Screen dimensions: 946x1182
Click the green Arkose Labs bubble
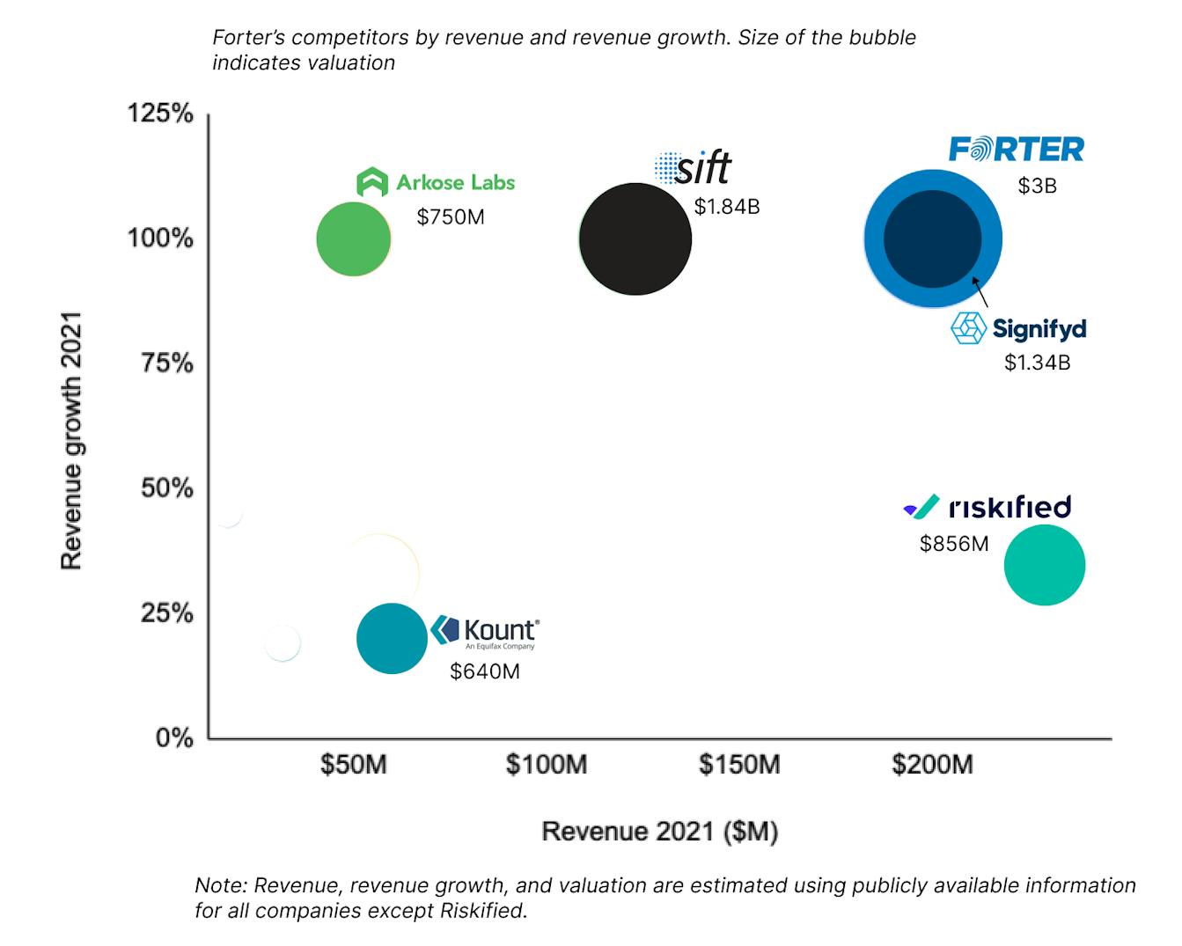coord(353,238)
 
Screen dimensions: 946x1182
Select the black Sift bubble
coord(635,238)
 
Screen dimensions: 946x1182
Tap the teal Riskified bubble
coord(1045,565)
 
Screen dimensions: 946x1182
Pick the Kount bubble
coord(392,638)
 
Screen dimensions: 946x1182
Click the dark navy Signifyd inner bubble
coord(932,238)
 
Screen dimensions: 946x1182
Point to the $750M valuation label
coord(451,216)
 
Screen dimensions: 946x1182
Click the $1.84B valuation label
coord(726,207)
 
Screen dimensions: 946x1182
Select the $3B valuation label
coord(1037,187)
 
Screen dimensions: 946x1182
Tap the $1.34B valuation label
coord(1037,363)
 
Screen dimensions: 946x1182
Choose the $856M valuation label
coord(954,544)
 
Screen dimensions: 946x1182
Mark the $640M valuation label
coord(484,671)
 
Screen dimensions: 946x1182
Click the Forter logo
coord(1017,150)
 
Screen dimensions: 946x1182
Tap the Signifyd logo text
coord(1039,329)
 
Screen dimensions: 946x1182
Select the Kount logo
coord(485,631)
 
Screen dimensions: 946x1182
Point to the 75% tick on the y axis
coord(167,363)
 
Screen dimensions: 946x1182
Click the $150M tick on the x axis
coord(739,764)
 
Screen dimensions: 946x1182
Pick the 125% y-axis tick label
coord(160,113)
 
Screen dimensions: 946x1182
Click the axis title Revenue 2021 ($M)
coord(659,832)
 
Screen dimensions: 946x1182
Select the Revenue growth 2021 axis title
coord(71,440)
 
